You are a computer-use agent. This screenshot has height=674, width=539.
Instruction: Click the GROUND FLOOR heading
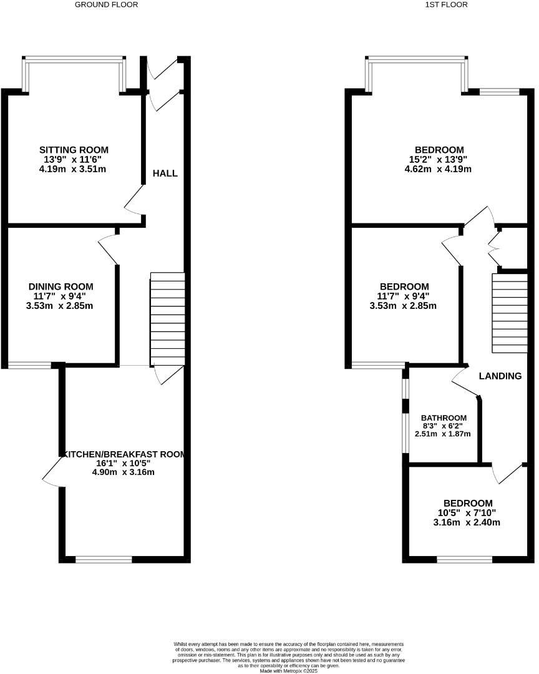pos(106,4)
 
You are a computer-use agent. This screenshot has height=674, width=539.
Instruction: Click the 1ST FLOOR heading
pos(446,4)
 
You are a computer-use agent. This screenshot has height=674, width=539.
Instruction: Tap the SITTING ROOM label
pos(74,150)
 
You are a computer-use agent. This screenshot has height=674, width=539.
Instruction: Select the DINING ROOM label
pos(61,286)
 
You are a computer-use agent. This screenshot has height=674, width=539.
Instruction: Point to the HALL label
pos(165,173)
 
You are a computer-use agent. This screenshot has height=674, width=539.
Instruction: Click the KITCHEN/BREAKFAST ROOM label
pos(123,454)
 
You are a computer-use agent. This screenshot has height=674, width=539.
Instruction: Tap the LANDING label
pos(500,376)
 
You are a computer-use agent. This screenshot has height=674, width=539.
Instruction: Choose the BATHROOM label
pos(444,418)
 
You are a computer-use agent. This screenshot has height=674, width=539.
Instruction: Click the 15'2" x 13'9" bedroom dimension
pos(439,159)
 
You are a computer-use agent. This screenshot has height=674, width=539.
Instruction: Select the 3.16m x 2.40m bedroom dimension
pos(467,522)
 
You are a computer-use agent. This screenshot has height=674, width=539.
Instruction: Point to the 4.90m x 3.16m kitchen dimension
pos(123,472)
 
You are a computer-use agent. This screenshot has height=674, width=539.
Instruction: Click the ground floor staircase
pos(167,318)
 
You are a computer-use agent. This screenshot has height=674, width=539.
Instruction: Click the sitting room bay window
pos(74,60)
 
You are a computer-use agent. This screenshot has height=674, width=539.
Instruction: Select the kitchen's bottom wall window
pos(104,559)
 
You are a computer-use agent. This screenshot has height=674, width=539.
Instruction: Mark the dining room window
pos(29,364)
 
